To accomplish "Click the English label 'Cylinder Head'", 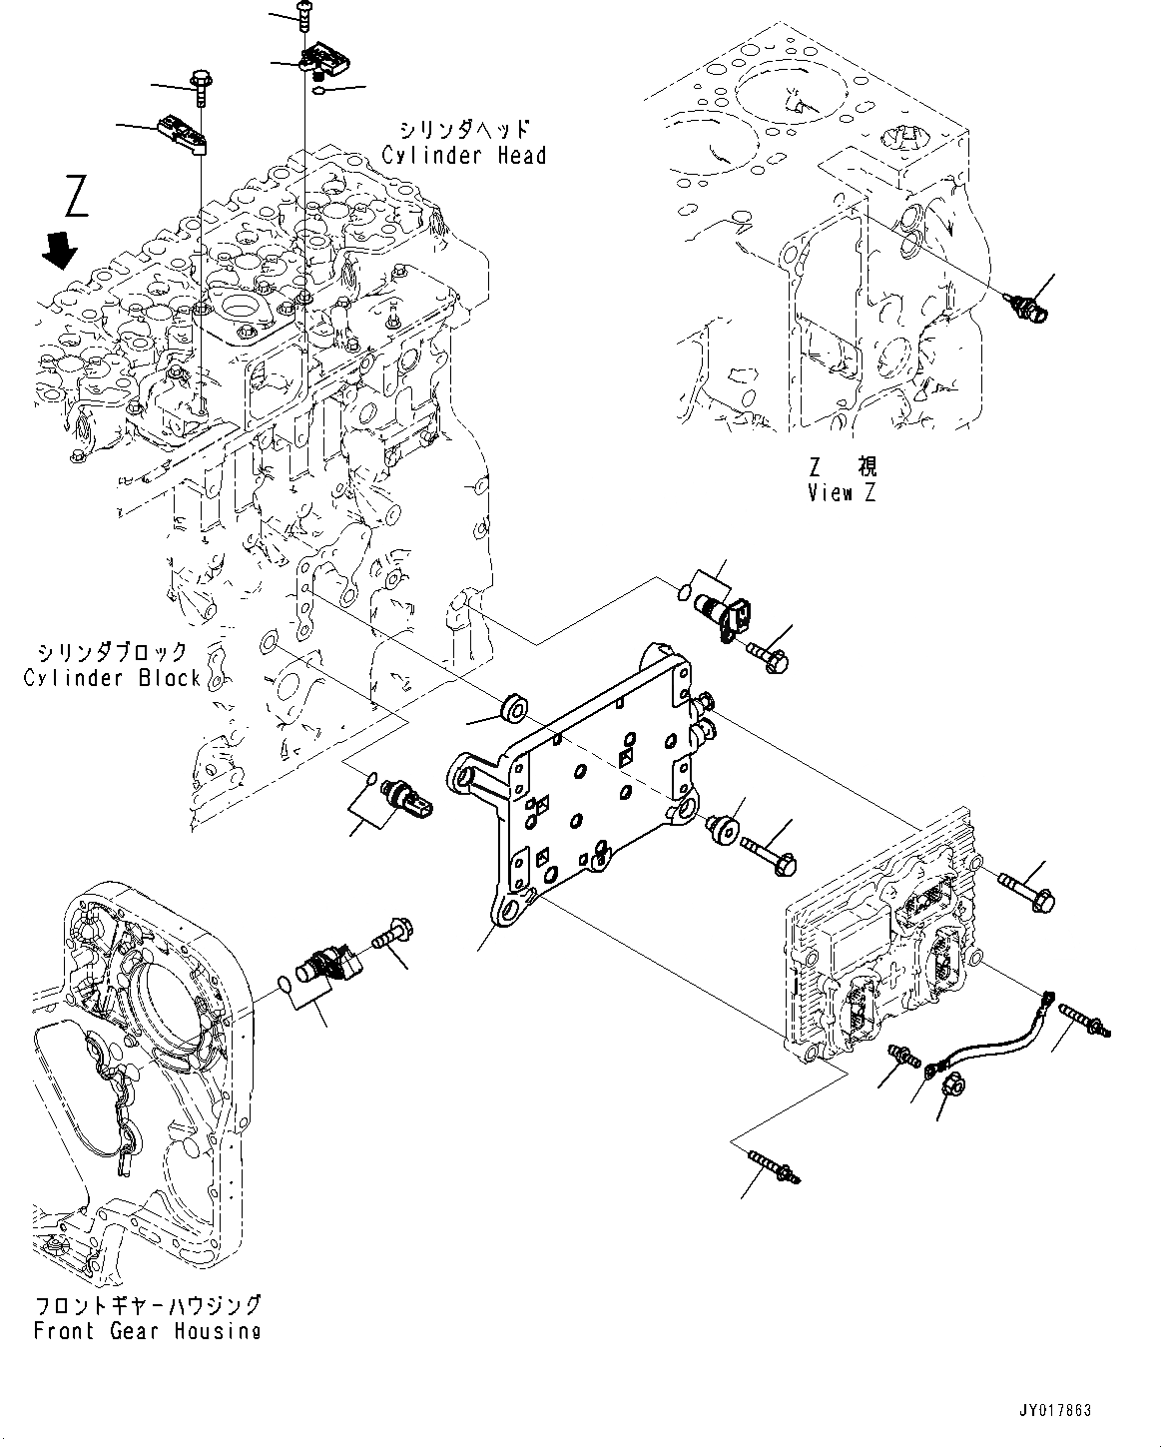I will (x=463, y=156).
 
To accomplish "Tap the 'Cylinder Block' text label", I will (x=112, y=678).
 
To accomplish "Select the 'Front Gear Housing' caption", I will (x=147, y=1330).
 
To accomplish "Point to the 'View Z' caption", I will (x=842, y=493).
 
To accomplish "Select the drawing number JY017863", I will (x=1055, y=1410).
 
